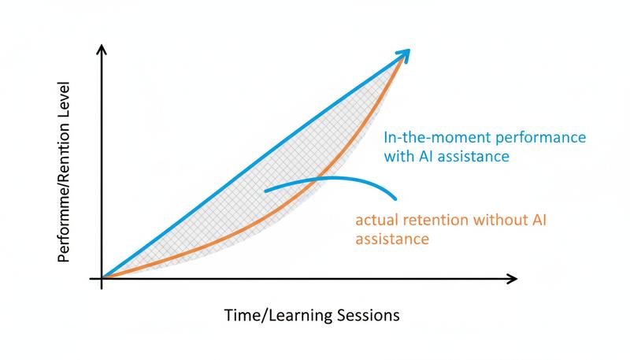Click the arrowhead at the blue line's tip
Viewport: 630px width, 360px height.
pos(405,54)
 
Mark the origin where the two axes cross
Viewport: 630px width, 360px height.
pos(102,278)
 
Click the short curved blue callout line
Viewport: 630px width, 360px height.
pos(331,180)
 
